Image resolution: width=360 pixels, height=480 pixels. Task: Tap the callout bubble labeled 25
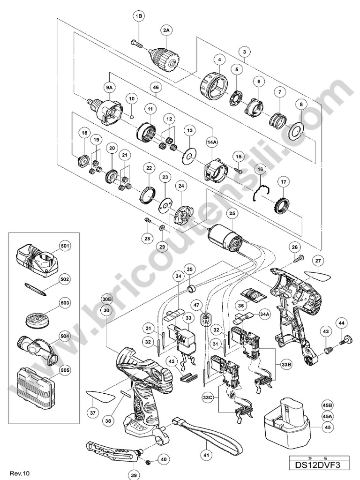(x=231, y=213)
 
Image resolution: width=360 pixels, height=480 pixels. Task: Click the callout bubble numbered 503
(x=65, y=303)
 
